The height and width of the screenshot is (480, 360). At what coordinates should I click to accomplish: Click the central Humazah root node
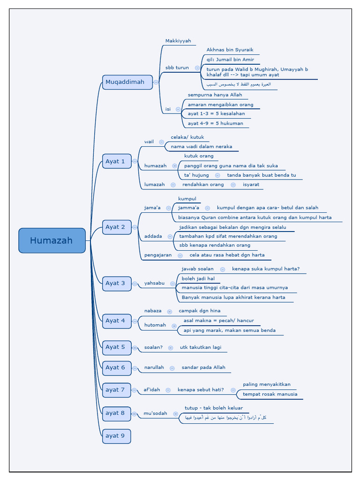[x=52, y=240]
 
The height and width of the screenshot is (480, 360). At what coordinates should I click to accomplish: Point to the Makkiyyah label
[x=178, y=41]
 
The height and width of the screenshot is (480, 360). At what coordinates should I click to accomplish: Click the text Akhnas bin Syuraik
[x=230, y=50]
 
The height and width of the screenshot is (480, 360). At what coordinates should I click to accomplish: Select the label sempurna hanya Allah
[x=215, y=95]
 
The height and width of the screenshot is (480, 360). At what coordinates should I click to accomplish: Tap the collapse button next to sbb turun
[x=197, y=68]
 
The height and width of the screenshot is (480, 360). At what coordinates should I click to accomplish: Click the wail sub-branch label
[x=149, y=142]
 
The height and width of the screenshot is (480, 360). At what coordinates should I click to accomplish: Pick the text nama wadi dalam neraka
[x=201, y=147]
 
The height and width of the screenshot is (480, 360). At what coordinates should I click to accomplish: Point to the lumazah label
[x=154, y=185]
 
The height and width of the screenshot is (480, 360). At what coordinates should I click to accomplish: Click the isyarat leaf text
[x=251, y=185]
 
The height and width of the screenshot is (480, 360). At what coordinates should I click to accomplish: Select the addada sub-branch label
[x=153, y=236]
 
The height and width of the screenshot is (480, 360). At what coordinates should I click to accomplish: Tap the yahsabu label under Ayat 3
[x=154, y=283]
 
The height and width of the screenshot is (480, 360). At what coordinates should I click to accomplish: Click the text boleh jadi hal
[x=198, y=278]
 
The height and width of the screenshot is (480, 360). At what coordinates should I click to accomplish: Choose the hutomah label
[x=155, y=325]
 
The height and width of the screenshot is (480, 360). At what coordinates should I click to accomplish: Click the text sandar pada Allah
[x=203, y=367]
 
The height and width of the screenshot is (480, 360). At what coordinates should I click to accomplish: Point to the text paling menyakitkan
[x=266, y=384]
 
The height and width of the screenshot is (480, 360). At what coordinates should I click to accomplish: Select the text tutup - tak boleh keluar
[x=214, y=408]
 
